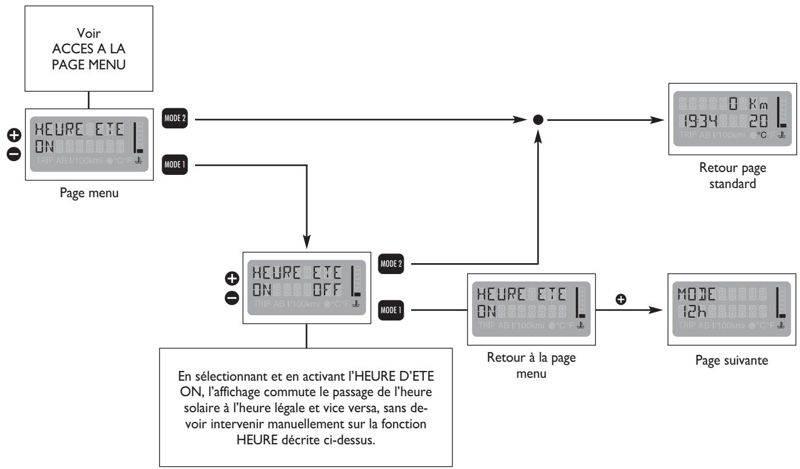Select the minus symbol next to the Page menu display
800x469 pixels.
click(x=13, y=153)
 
